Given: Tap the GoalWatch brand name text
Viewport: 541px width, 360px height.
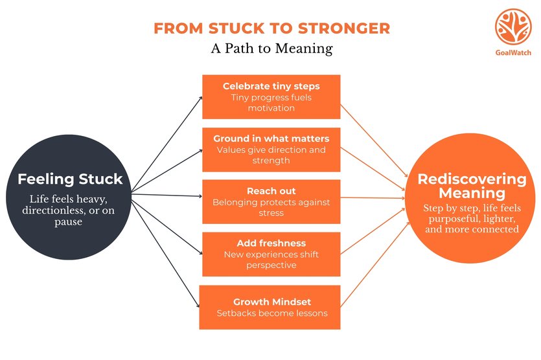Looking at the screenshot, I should point(513,52).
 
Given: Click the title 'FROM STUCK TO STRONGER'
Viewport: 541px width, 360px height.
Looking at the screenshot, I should point(271,28).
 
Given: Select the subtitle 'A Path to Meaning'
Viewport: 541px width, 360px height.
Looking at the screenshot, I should point(271,49).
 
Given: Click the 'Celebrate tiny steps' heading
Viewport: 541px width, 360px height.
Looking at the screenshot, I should point(271,86).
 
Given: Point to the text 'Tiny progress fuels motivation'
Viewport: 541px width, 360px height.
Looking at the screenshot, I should point(271,102).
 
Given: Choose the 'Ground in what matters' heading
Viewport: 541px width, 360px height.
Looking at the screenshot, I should point(271,139).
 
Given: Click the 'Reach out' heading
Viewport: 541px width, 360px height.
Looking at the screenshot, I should point(271,191).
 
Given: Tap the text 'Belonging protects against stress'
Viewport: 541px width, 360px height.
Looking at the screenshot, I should point(271,207).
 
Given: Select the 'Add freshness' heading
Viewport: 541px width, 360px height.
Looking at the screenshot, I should point(271,243).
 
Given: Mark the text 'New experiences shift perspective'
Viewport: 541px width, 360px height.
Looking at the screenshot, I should point(271,260).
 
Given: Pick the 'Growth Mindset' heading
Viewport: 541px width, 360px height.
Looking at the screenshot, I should point(271,302).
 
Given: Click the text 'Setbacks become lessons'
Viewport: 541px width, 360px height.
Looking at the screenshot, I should point(271,313).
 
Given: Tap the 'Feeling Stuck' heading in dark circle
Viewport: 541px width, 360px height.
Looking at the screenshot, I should point(69,179).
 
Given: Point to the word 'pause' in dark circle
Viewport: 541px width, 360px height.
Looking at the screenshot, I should point(69,221).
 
